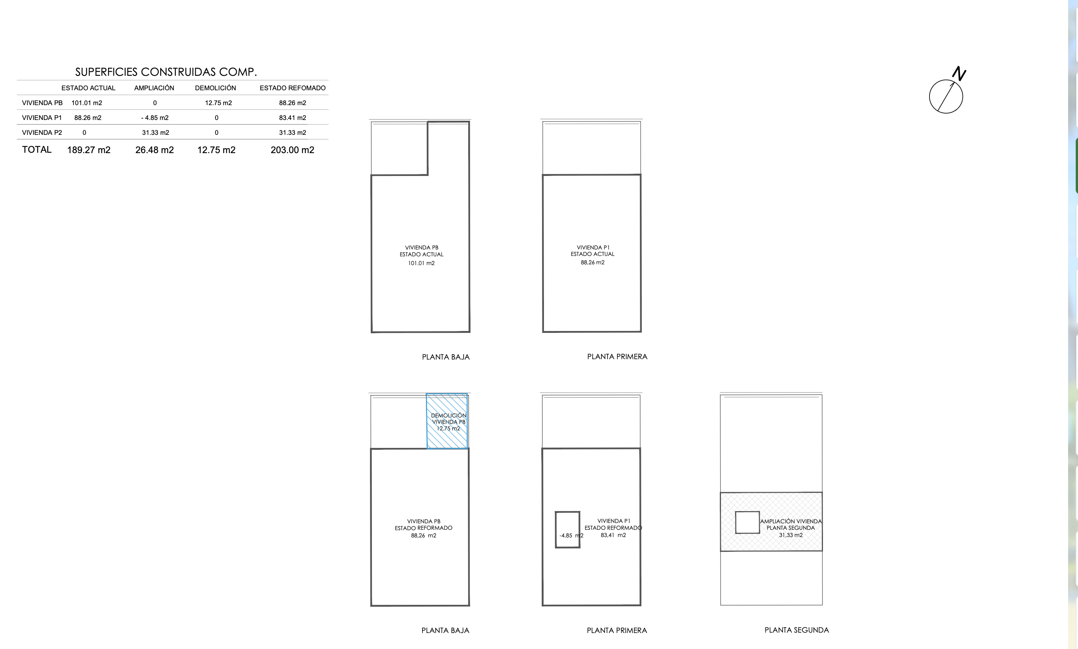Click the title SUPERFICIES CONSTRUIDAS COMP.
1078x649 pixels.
(166, 72)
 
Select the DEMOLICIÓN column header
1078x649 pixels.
(215, 88)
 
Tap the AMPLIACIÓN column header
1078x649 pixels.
(154, 88)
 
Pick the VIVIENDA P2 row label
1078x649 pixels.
(42, 133)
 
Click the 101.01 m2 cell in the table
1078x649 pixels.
(86, 103)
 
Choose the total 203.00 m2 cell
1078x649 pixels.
(292, 150)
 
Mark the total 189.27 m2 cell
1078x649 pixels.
(89, 150)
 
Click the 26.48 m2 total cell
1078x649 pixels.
(155, 150)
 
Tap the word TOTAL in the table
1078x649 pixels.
(37, 150)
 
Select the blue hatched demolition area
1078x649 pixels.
(447, 421)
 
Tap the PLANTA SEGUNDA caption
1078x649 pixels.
(797, 630)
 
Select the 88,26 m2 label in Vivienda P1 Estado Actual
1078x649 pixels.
(593, 262)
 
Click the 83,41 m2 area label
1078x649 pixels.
(613, 535)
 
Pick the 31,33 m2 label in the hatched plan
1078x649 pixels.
(791, 535)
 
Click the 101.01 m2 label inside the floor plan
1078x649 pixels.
(421, 263)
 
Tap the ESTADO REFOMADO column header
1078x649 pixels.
(292, 88)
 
